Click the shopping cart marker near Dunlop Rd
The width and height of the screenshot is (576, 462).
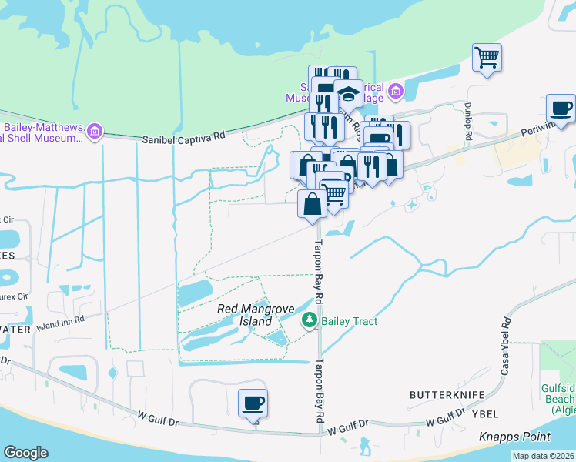click(487, 58)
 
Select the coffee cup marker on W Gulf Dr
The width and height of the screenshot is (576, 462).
click(252, 403)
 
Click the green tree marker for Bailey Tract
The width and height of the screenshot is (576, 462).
click(310, 320)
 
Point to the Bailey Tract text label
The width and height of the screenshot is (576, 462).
click(350, 321)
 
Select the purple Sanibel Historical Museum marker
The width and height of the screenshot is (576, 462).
click(396, 92)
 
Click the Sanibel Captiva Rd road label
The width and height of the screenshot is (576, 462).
click(184, 138)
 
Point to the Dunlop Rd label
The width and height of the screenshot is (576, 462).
click(467, 122)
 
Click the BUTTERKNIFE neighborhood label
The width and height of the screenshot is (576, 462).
click(447, 395)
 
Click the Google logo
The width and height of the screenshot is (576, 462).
click(26, 452)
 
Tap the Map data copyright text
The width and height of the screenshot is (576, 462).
click(543, 456)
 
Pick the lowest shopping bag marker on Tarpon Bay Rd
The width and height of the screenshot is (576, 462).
click(312, 206)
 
